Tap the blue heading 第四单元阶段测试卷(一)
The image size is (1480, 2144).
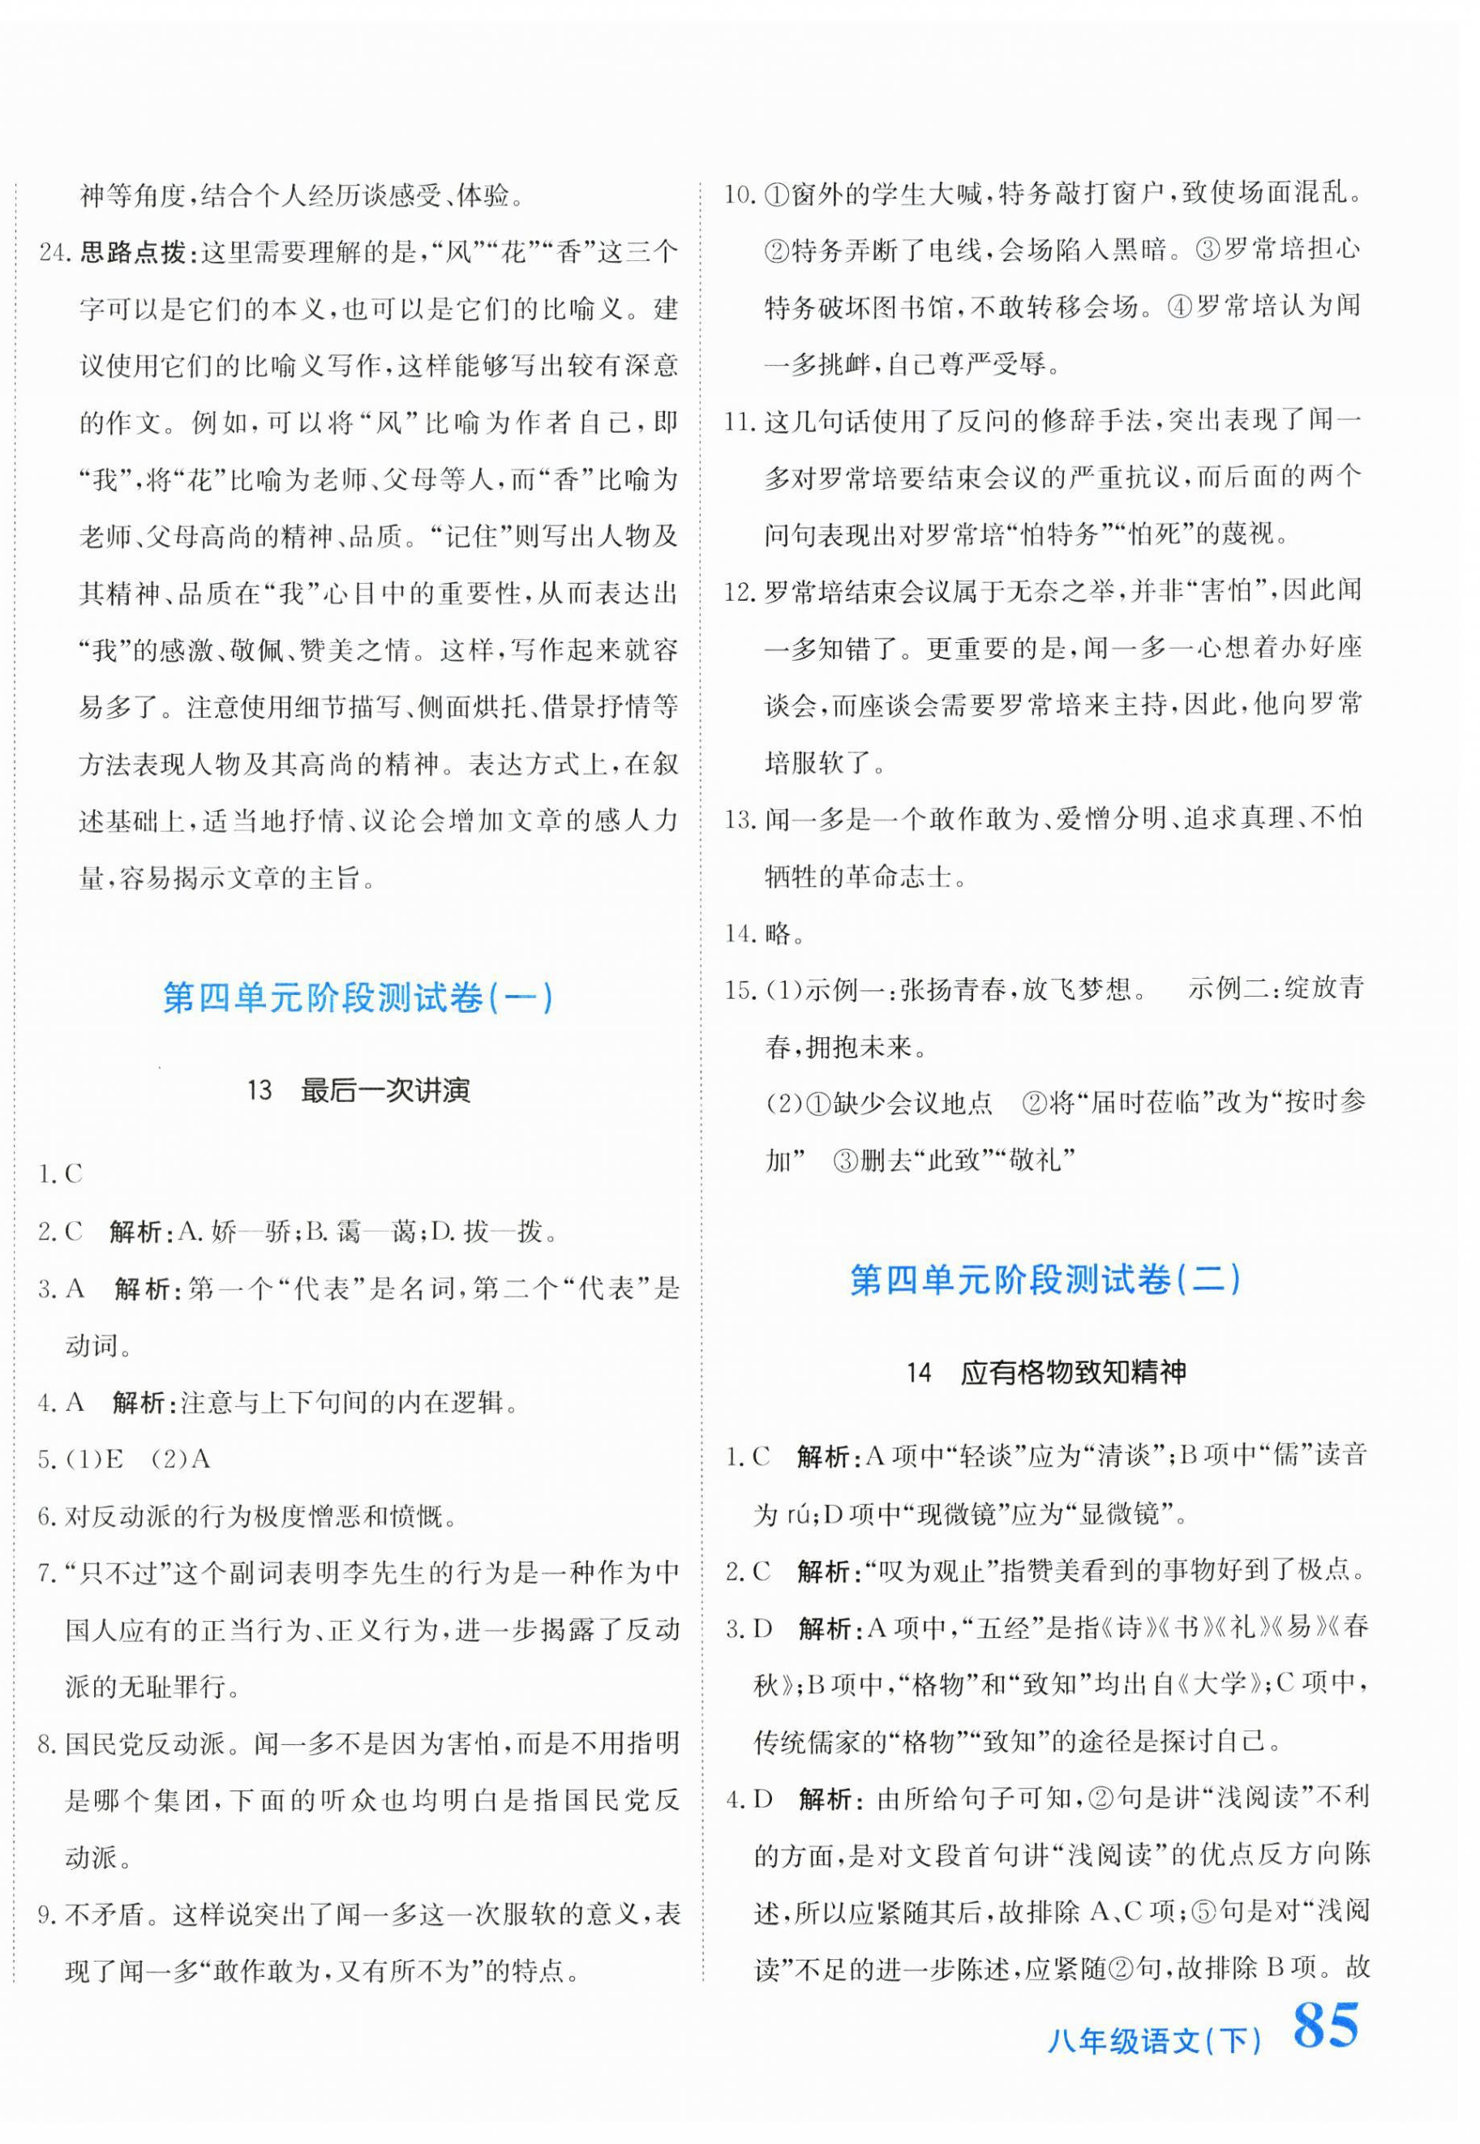point(358,998)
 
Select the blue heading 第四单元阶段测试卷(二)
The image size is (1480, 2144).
point(1045,1280)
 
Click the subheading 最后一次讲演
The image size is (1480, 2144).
point(385,1091)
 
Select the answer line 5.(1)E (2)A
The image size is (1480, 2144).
point(124,1459)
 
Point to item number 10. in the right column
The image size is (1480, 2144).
point(741,195)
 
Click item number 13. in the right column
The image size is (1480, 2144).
point(741,819)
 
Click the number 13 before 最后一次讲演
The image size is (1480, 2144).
point(260,1091)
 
